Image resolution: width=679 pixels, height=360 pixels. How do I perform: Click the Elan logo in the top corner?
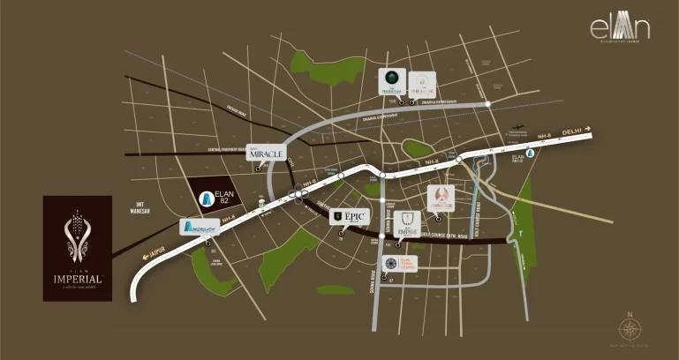tap(620, 28)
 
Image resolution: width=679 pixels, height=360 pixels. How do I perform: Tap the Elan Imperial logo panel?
tap(78, 248)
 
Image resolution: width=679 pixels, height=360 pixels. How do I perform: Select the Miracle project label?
tap(266, 153)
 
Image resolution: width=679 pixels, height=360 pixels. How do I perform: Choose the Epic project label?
tap(347, 216)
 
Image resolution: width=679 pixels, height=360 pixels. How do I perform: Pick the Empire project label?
tap(406, 224)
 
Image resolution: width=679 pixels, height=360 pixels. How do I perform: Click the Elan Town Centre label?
tap(401, 264)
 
